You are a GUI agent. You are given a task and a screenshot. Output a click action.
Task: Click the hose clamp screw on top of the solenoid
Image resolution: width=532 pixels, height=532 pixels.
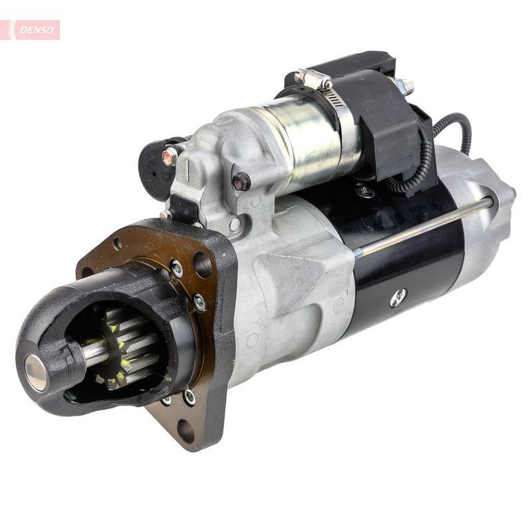tap(313, 78)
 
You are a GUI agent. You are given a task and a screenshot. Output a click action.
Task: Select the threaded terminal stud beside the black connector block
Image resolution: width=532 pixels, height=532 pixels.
tap(403, 86)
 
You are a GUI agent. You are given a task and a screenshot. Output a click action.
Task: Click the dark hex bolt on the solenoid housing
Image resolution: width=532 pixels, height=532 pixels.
tap(241, 180)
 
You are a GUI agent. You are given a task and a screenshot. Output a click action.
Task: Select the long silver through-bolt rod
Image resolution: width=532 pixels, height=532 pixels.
tap(426, 226)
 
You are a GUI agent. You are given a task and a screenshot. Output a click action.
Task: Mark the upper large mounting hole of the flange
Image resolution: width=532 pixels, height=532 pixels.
tap(202, 265)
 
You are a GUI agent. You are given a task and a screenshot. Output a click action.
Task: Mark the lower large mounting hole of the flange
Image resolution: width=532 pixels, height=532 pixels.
tap(186, 431)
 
